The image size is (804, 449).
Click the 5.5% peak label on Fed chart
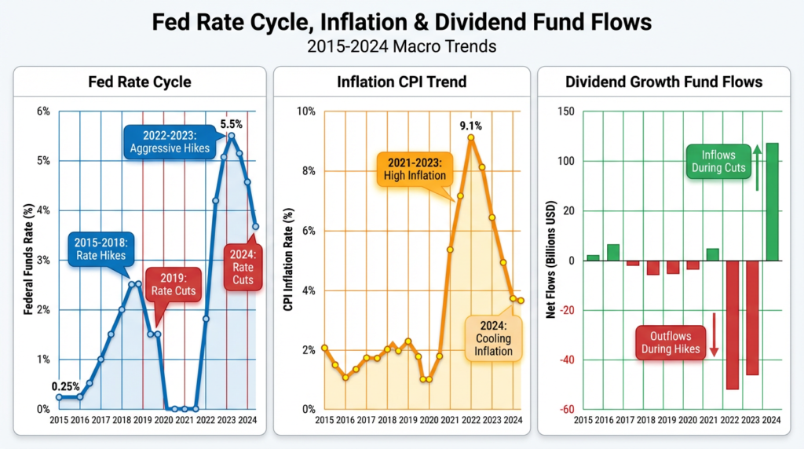coord(231,124)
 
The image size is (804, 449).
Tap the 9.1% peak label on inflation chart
coord(470,125)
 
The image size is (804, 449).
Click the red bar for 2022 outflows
coord(732,324)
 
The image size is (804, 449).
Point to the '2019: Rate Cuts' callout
coord(174,283)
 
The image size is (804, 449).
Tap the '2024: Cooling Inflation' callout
coord(492,338)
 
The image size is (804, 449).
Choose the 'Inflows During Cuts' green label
coord(715,160)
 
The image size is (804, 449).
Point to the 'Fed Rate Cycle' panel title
coord(138,82)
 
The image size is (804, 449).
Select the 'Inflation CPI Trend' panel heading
coord(401,82)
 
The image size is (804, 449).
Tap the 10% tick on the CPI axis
coord(305,111)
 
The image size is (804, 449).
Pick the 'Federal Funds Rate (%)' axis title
coord(28,260)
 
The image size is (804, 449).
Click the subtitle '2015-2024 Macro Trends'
coord(401,46)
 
